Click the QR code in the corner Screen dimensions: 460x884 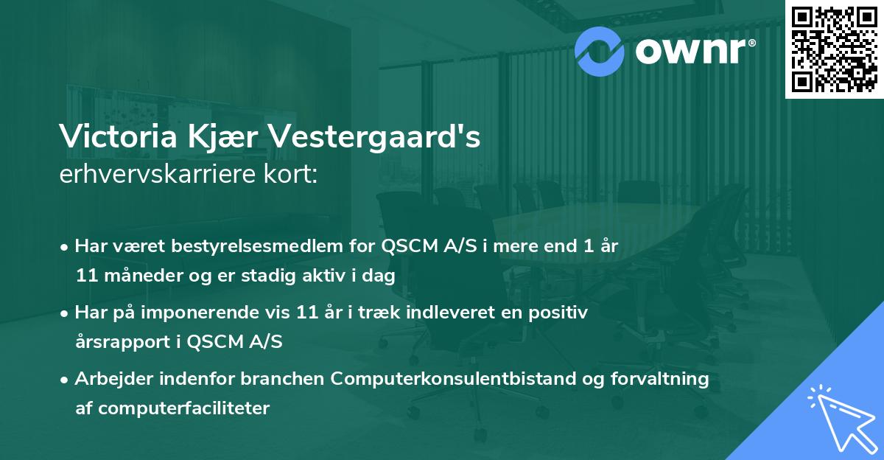[834, 49]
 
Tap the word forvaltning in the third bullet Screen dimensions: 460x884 [665, 379]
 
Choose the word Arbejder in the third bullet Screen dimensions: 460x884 [108, 379]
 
